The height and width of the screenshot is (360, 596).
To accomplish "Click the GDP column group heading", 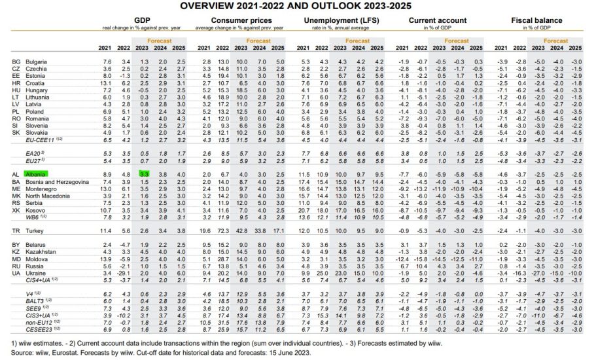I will pyautogui.click(x=142, y=21).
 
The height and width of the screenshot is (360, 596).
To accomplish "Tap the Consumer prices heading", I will pyautogui.click(x=241, y=21).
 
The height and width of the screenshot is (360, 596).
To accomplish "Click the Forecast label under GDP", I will pyautogui.click(x=158, y=41).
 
